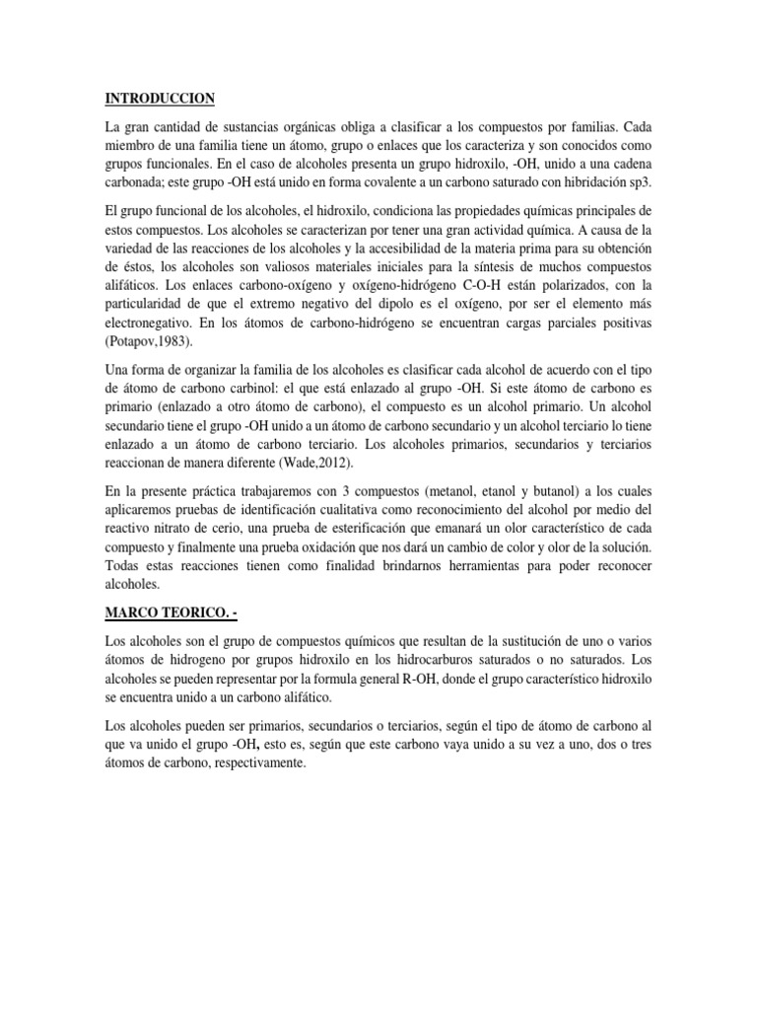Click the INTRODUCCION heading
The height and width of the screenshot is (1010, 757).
tap(159, 99)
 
